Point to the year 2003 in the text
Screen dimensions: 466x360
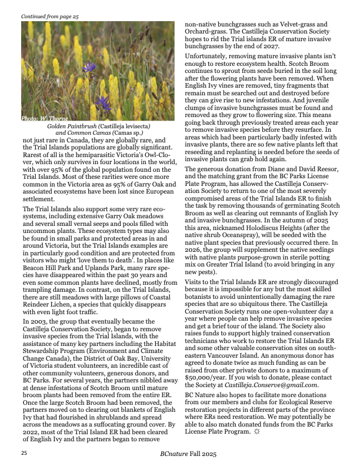(38, 322)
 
